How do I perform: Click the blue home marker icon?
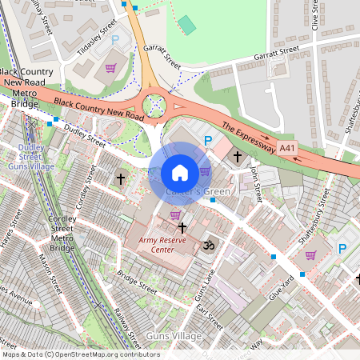tap(180, 173)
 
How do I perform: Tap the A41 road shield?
tap(310, 148)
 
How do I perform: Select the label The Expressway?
tap(248, 137)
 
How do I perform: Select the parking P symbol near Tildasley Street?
tap(114, 39)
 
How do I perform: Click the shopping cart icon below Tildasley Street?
tap(110, 68)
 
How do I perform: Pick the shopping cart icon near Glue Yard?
tap(310, 255)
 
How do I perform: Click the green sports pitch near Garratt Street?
tap(186, 25)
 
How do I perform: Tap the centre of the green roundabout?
tap(154, 105)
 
